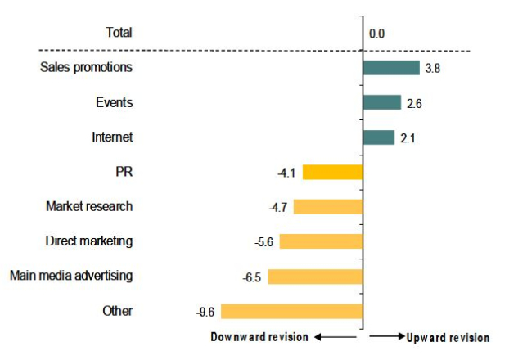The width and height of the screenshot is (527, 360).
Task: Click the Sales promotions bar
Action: [391, 68]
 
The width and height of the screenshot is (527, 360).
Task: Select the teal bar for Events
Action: [382, 102]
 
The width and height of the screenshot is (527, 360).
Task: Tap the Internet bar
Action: [379, 137]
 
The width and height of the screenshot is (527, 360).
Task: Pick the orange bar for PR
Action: [332, 172]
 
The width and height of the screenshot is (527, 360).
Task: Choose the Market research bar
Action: [327, 206]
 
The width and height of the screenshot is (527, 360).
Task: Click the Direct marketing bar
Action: [322, 241]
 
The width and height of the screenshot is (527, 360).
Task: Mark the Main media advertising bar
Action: [315, 276]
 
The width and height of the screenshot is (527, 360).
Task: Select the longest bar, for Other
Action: [291, 311]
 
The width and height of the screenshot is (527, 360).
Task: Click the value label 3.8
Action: [433, 69]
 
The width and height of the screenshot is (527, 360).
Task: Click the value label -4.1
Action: [286, 173]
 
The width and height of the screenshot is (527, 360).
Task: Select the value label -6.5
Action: [251, 277]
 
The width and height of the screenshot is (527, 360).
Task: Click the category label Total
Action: [119, 33]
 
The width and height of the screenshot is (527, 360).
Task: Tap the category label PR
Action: [124, 172]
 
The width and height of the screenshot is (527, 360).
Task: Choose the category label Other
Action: [118, 311]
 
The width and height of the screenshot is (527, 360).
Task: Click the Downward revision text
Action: [259, 337]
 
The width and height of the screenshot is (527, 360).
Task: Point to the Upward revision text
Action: [448, 337]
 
